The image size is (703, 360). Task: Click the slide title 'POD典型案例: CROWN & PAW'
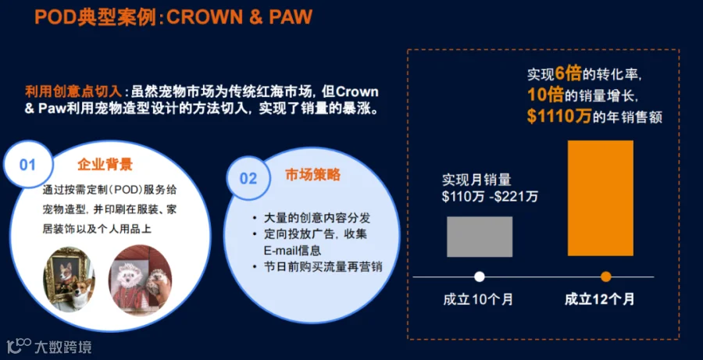pyautogui.click(x=173, y=18)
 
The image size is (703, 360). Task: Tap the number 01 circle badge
pyautogui.click(x=28, y=165)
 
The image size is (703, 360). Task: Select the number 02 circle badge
pyautogui.click(x=248, y=179)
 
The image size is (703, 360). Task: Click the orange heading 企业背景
pyautogui.click(x=105, y=165)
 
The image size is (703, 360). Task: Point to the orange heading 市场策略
pyautogui.click(x=312, y=175)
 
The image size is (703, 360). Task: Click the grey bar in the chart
pyautogui.click(x=480, y=237)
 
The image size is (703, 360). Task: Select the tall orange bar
pyautogui.click(x=601, y=198)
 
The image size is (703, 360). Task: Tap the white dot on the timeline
pyautogui.click(x=480, y=276)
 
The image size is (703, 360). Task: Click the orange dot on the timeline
pyautogui.click(x=605, y=276)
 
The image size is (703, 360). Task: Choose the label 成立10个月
pyautogui.click(x=478, y=299)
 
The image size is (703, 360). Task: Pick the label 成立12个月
pyautogui.click(x=600, y=299)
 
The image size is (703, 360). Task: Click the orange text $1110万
pyautogui.click(x=558, y=116)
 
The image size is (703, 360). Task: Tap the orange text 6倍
pyautogui.click(x=567, y=74)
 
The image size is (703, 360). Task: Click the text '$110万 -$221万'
pyautogui.click(x=490, y=197)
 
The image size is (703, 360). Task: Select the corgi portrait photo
pyautogui.click(x=69, y=279)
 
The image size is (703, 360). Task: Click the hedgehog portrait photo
pyautogui.click(x=140, y=280)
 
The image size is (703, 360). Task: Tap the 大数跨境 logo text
pyautogui.click(x=62, y=347)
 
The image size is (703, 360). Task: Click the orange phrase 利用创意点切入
pyautogui.click(x=73, y=92)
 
